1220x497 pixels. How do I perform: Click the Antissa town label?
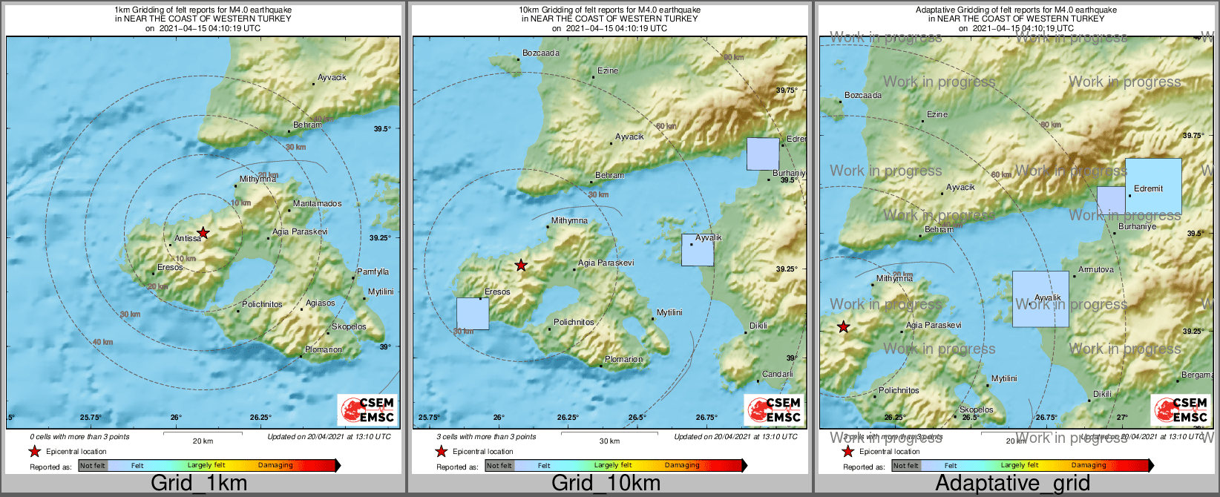tap(188, 238)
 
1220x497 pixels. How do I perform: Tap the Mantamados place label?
tap(317, 203)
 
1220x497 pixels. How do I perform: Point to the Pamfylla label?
tap(373, 271)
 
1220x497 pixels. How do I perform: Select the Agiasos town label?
tap(321, 303)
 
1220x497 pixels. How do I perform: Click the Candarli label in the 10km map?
tap(777, 374)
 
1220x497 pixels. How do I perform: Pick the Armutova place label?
tap(1095, 269)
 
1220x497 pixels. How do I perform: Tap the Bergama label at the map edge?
tap(1196, 375)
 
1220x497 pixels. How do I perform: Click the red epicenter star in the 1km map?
tap(203, 233)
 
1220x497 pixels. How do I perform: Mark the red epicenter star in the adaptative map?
tap(844, 326)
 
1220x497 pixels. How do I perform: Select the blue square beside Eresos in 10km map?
tap(473, 314)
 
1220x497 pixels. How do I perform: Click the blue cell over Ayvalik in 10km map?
tap(698, 250)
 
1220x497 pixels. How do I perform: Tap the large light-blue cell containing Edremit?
tap(1153, 186)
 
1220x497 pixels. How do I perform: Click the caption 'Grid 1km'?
tap(199, 483)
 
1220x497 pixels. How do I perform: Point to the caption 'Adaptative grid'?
tap(1012, 483)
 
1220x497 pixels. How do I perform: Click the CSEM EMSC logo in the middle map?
tap(774, 410)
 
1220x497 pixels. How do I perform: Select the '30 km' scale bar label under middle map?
tap(609, 441)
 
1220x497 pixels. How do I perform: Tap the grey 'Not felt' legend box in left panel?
tap(93, 466)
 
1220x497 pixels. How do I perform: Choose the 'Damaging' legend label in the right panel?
tap(1088, 465)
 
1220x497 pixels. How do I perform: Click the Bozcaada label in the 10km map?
tap(540, 53)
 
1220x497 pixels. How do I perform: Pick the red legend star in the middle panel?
tap(442, 451)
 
